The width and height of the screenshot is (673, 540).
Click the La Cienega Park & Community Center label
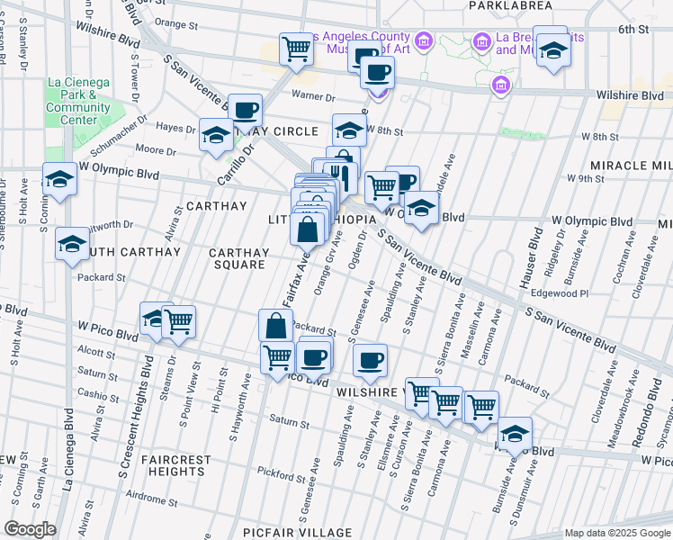point(78,102)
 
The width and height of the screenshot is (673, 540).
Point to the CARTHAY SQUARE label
point(238,259)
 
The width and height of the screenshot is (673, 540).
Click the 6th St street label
point(639,29)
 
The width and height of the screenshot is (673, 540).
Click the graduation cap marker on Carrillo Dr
point(216,137)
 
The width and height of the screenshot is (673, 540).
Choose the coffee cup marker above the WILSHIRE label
point(370,361)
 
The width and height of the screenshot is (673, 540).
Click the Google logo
point(31,529)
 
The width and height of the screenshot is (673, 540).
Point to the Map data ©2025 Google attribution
point(615,533)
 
